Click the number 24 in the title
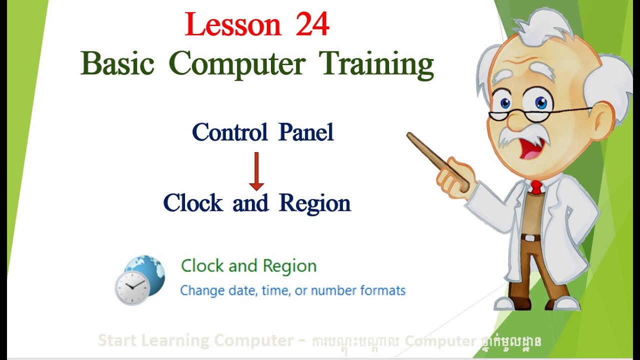[312, 25]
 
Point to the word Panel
[306, 132]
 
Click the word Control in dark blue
[229, 132]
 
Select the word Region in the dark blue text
[315, 203]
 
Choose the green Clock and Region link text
[248, 266]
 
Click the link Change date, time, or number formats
[292, 290]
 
